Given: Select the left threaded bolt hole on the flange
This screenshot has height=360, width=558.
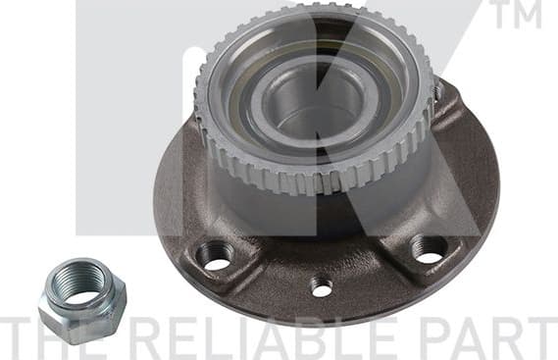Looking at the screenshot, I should click(x=215, y=255).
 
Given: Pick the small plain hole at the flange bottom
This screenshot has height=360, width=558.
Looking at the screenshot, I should click(x=321, y=286).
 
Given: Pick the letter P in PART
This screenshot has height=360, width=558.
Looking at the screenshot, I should click(x=435, y=336).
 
